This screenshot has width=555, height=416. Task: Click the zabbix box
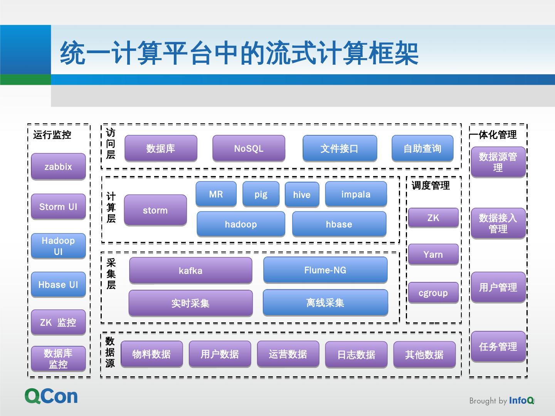click(x=58, y=167)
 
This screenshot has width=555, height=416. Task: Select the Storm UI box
click(x=58, y=207)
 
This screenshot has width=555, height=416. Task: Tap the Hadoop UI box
click(x=58, y=246)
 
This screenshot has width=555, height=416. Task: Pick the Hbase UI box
click(x=58, y=285)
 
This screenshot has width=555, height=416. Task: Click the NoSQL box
click(x=249, y=148)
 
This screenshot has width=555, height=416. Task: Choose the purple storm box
click(x=155, y=210)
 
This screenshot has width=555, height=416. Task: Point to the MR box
click(x=216, y=194)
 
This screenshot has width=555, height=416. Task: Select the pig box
click(x=261, y=194)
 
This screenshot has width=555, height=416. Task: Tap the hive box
click(x=301, y=195)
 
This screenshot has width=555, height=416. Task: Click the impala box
click(x=356, y=194)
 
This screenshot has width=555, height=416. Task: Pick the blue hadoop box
click(x=241, y=224)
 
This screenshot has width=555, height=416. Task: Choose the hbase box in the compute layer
click(x=339, y=224)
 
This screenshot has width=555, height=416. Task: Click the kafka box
click(x=190, y=270)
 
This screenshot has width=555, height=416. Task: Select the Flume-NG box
click(x=325, y=270)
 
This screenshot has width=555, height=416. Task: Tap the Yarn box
click(x=433, y=254)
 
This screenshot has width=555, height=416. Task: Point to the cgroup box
click(x=433, y=293)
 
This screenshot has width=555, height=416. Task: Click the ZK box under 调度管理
click(x=433, y=218)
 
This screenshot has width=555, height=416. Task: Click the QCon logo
click(x=51, y=396)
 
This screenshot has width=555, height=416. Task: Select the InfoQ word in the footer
click(x=521, y=401)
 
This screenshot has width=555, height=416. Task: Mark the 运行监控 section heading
click(x=52, y=135)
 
